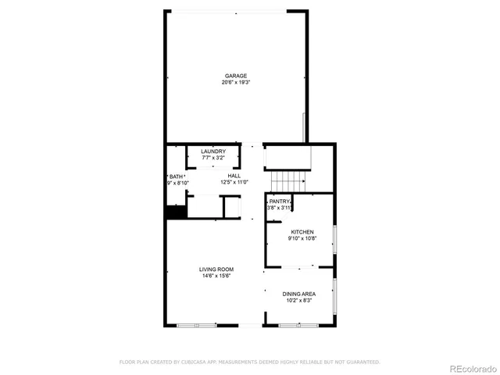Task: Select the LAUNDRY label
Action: click(213, 152)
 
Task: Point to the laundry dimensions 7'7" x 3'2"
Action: click(213, 158)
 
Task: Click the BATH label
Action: click(177, 177)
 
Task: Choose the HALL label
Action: click(234, 176)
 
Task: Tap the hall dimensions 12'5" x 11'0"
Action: click(234, 182)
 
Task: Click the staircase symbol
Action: click(287, 181)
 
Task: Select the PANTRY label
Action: click(280, 202)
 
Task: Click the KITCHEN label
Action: click(302, 232)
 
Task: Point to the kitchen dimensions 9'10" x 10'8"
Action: click(302, 239)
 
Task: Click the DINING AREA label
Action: click(299, 294)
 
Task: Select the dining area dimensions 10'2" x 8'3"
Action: click(299, 301)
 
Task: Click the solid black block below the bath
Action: click(173, 211)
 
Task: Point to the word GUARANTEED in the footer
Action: click(363, 362)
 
